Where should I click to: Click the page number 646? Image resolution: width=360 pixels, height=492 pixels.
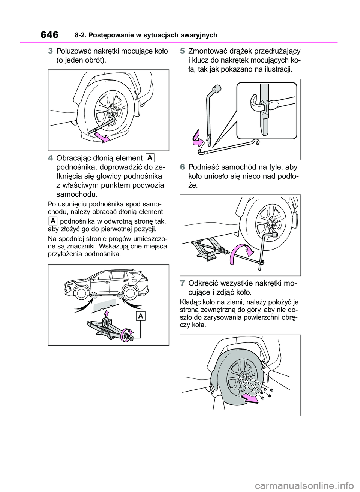[x=49, y=35]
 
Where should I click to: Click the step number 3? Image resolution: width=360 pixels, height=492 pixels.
[x=50, y=51]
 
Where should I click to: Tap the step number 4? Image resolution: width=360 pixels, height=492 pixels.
[x=50, y=158]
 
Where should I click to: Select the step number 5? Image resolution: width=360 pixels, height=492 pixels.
[x=182, y=51]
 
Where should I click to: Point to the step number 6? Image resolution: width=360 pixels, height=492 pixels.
[x=182, y=167]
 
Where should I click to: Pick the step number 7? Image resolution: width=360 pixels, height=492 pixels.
[x=182, y=283]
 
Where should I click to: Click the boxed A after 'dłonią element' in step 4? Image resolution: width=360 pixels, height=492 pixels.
[x=150, y=157]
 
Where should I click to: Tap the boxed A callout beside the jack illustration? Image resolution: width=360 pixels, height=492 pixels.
[x=141, y=316]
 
